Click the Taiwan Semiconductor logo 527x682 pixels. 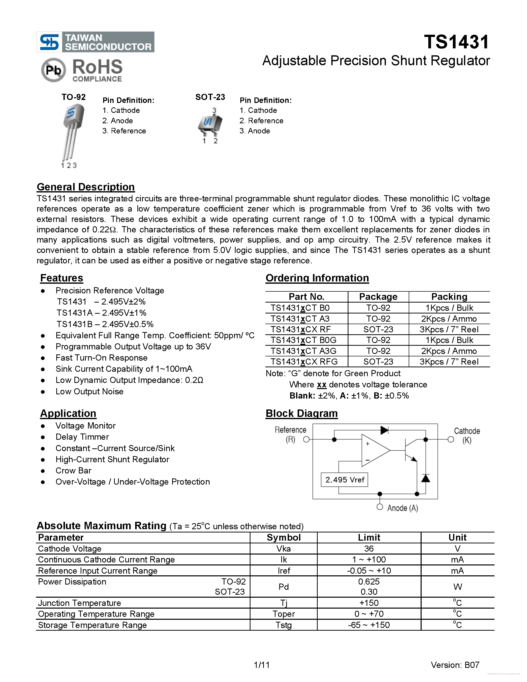(95, 42)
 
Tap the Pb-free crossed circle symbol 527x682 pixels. (53, 70)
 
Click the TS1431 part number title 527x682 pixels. (456, 42)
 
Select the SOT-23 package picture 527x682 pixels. (210, 124)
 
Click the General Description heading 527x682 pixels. (86, 187)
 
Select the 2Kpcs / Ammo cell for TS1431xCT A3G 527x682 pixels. (449, 351)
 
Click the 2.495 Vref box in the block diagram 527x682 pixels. (344, 480)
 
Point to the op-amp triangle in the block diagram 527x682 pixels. (375, 450)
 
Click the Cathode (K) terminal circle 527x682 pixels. (451, 439)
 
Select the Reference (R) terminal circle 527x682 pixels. (306, 439)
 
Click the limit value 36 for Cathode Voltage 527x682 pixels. (369, 549)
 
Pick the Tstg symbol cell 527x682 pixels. (283, 625)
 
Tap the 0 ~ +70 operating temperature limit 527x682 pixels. (369, 614)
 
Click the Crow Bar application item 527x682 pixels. (73, 471)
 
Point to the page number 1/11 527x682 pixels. (262, 665)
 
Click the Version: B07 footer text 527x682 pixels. (455, 665)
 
